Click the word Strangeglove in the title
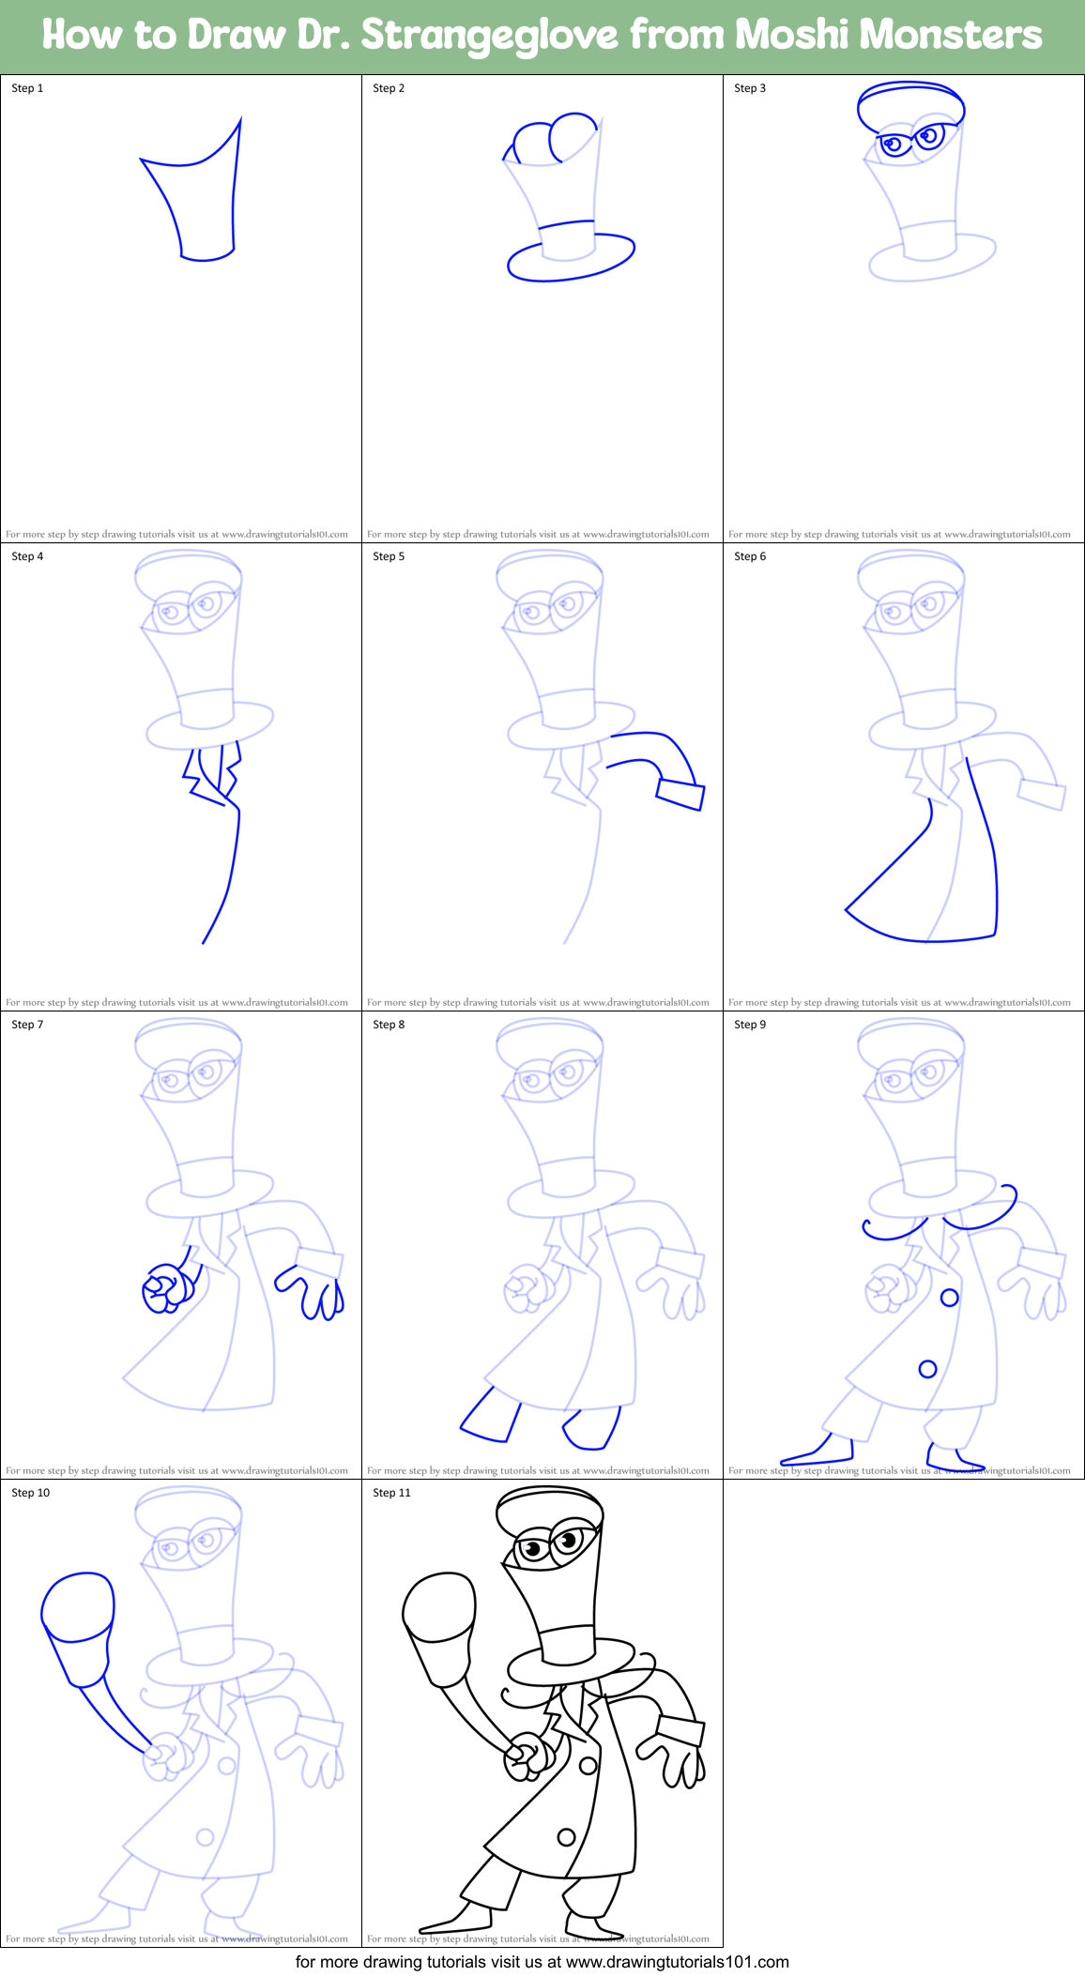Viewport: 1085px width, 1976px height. click(489, 36)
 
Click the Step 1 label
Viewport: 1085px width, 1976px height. click(27, 88)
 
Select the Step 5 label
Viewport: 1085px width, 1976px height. click(389, 556)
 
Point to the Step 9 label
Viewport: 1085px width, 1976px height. click(750, 1025)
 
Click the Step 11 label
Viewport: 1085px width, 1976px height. click(391, 1493)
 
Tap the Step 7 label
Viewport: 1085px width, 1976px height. click(27, 1025)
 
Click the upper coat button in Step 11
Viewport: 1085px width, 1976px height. click(588, 1766)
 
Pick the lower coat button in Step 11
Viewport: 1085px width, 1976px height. click(566, 1837)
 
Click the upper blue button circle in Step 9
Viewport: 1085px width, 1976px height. click(949, 1298)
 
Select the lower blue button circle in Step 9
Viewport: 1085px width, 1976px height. click(927, 1369)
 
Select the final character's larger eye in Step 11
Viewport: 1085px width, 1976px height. click(567, 1540)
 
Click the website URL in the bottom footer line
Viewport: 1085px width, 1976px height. click(678, 1961)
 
